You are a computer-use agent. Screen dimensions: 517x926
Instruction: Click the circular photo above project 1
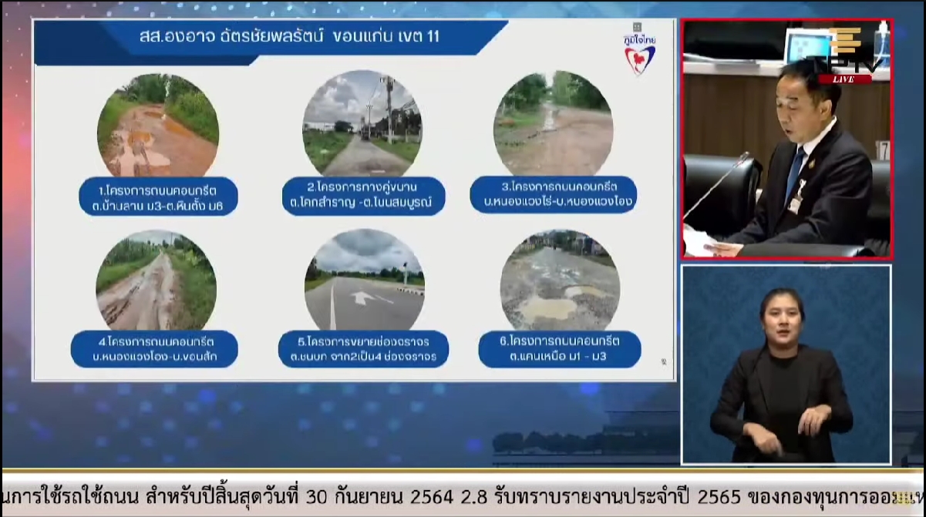[x=157, y=126]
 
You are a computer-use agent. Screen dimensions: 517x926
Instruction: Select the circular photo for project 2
[x=362, y=123]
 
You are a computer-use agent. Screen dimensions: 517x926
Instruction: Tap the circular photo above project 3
[x=553, y=123]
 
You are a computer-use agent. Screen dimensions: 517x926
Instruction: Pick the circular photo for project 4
[x=156, y=280]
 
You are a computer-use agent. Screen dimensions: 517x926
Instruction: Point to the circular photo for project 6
[x=560, y=280]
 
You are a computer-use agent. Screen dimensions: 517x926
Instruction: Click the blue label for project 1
[x=159, y=197]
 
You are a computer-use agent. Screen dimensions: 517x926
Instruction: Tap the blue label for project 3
[x=554, y=195]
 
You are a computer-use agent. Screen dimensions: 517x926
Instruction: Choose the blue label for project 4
[x=154, y=349]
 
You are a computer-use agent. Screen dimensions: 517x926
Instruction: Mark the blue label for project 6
[x=560, y=348]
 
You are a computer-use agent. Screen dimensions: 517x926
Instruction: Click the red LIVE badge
[x=845, y=79]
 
